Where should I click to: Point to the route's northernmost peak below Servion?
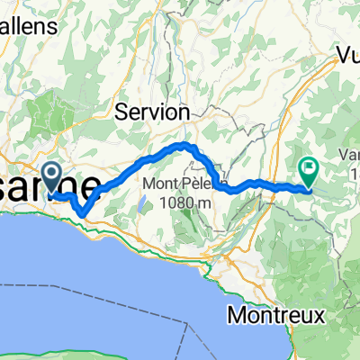(184, 144)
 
